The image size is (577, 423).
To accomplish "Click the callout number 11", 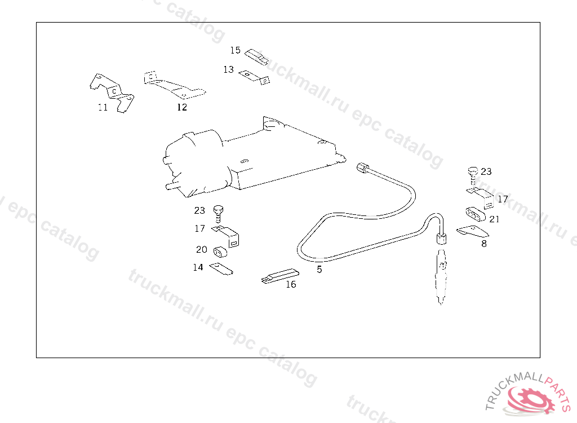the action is pos(103,107).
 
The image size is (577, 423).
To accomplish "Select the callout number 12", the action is pos(182,107).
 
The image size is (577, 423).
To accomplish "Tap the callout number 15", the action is pos(235,50).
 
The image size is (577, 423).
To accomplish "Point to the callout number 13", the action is pos(228,69).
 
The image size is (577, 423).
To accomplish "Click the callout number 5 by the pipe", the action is pos(319,270).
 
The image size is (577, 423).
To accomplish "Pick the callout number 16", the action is pos(291,284).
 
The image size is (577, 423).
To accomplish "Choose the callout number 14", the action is pos(198,267).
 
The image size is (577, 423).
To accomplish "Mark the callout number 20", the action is pos(201,249).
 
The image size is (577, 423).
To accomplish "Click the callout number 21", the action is pos(494,219).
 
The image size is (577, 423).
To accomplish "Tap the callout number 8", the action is pos(484,244).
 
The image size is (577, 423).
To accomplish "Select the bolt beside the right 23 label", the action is pos(473,175).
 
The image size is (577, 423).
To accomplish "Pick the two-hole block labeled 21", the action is pos(475,214).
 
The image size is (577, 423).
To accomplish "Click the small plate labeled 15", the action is pos(256,57).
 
